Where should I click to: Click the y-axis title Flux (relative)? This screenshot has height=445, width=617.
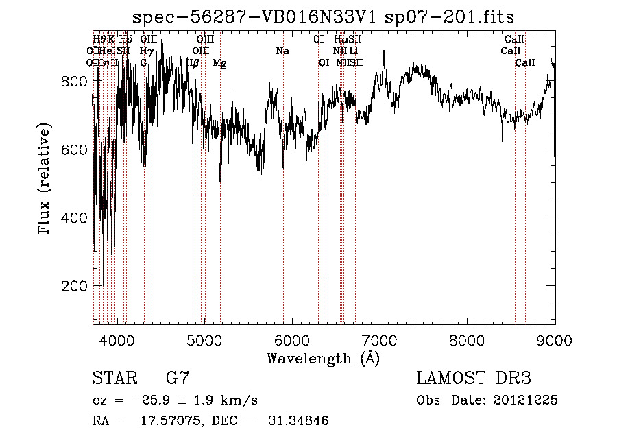tap(45, 180)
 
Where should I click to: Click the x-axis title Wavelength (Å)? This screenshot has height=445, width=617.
tap(323, 358)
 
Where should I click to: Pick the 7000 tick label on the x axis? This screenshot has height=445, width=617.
tap(380, 340)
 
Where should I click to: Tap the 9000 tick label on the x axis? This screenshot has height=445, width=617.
tap(555, 340)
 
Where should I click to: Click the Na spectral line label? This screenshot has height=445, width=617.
tap(282, 51)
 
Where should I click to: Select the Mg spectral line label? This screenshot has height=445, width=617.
tap(219, 63)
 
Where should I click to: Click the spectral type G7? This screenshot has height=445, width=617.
tap(177, 378)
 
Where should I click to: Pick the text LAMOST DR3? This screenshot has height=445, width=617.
tap(473, 378)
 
